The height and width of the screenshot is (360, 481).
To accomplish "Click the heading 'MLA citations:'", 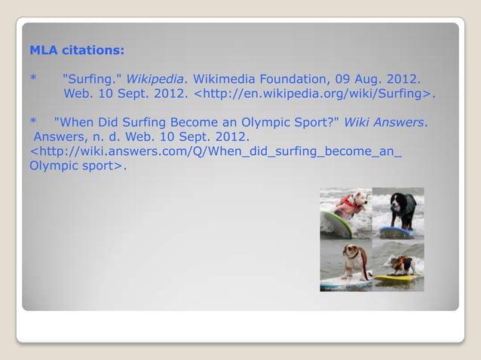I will (x=77, y=52).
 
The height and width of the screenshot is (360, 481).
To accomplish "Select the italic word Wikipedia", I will (x=154, y=79).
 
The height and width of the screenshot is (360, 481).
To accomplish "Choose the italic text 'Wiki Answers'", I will (x=384, y=122).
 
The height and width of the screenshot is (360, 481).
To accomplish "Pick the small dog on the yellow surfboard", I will (x=400, y=264).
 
